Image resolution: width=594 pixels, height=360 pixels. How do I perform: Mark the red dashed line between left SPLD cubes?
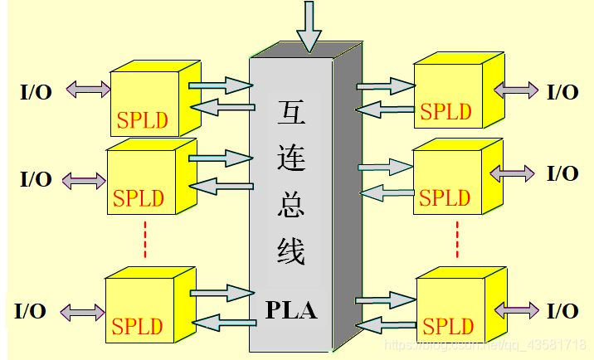pos(145,239)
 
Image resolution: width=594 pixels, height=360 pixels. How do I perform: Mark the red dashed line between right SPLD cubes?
pos(457,239)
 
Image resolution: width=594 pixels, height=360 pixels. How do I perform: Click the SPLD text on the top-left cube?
pos(143,121)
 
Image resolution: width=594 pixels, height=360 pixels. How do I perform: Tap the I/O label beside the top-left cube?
pos(36,91)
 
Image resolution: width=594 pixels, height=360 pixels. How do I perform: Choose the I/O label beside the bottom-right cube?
pos(562,311)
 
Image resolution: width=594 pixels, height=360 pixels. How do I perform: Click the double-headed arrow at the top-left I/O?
pos(88,88)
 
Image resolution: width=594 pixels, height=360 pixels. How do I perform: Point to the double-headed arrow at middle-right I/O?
pos(514,173)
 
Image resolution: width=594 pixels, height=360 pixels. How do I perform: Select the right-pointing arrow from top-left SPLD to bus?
pos(220,84)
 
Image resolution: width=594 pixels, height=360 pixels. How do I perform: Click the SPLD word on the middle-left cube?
pos(138,199)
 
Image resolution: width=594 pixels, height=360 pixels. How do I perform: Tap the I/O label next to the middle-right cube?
pos(562,173)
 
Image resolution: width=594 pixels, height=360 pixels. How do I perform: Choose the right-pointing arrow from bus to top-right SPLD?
pos(386,85)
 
